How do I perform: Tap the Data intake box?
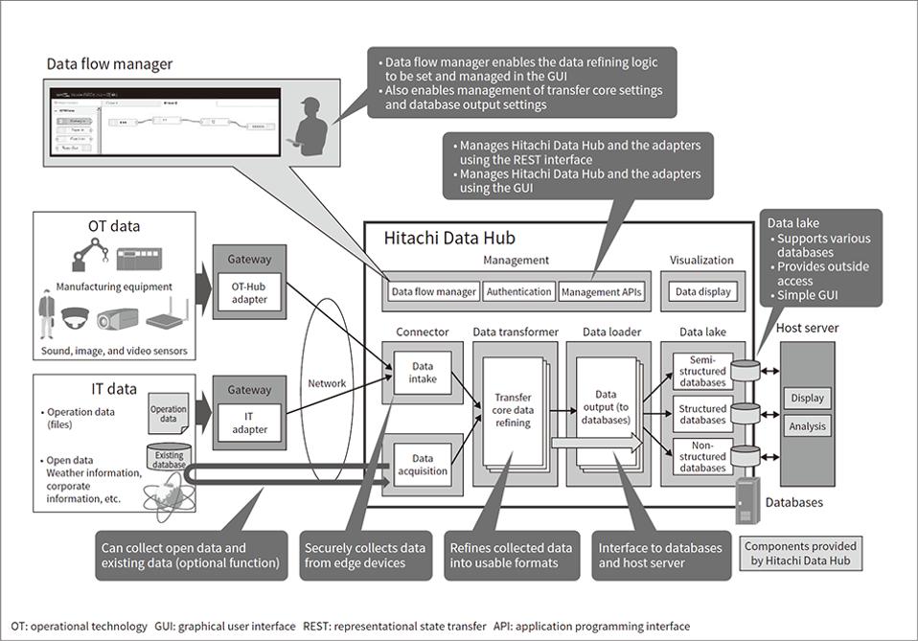tap(422, 372)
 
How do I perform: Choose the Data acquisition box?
tap(422, 466)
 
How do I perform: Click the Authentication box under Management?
tap(518, 291)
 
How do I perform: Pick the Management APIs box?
tap(601, 291)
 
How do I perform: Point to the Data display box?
tap(702, 291)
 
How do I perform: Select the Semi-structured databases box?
tap(702, 371)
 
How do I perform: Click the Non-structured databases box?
tap(702, 456)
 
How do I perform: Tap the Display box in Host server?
tap(807, 398)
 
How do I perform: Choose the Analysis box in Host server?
tap(807, 426)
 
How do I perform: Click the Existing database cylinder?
tap(168, 458)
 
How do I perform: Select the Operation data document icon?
tap(169, 414)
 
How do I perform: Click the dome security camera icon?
tap(73, 319)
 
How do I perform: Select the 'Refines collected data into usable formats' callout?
tap(511, 555)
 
